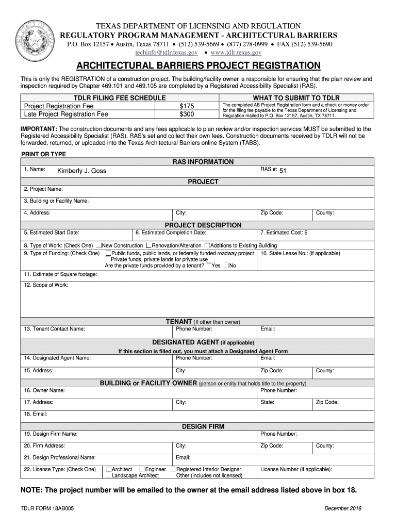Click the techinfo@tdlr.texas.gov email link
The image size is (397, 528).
click(167, 53)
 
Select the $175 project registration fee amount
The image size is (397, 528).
click(186, 106)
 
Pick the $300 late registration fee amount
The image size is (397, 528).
click(186, 114)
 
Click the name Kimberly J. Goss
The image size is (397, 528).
click(81, 171)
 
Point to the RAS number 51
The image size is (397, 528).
click(283, 171)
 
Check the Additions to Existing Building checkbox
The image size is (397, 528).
click(207, 245)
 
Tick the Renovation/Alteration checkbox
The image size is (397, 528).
click(148, 245)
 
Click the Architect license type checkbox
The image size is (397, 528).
click(109, 469)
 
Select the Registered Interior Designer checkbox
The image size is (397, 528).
click(173, 469)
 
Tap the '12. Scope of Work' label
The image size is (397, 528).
click(46, 285)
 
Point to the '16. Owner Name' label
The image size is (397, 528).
click(44, 390)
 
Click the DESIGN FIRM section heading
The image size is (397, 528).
click(203, 426)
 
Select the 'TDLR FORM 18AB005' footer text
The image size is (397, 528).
click(47, 508)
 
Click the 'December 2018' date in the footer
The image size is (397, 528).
click(343, 508)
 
